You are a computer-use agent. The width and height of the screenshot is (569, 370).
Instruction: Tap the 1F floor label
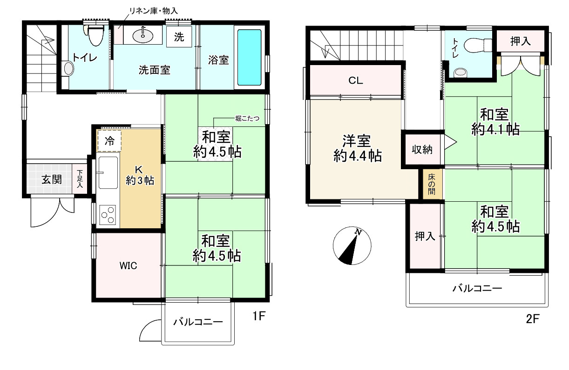259,317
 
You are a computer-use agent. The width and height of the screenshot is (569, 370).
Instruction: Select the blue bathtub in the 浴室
250,58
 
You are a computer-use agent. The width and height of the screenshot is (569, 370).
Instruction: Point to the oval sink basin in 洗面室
141,34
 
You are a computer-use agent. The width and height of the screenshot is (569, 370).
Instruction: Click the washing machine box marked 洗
179,38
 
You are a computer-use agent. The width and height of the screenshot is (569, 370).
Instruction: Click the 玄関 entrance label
52,179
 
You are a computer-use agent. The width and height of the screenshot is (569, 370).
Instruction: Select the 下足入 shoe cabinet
80,179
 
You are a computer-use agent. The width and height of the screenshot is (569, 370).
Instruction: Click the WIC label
128,266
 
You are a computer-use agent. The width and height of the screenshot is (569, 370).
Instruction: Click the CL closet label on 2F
356,80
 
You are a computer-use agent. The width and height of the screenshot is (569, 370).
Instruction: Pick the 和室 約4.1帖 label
495,122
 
